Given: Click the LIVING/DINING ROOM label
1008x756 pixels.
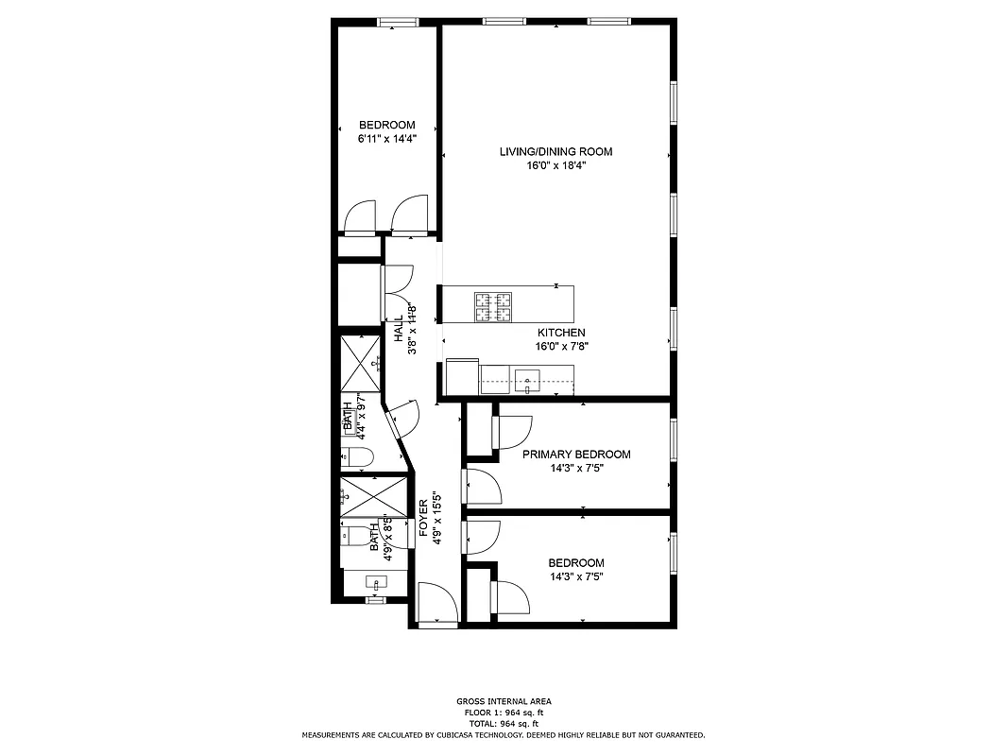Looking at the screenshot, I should [556, 151].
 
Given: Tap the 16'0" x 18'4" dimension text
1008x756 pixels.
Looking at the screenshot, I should [556, 164].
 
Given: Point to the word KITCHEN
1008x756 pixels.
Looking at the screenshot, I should [561, 333].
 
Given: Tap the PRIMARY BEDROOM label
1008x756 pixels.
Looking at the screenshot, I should [576, 455].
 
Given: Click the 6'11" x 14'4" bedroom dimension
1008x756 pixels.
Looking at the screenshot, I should [386, 138].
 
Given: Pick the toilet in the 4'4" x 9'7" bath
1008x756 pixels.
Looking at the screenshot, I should [357, 458].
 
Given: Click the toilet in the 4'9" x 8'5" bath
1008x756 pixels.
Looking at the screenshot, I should [357, 537].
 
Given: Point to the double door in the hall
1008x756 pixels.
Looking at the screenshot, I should [397, 293].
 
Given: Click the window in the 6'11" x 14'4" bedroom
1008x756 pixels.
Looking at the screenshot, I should [398, 21].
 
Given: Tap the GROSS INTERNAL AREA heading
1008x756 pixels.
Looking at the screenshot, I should [503, 701].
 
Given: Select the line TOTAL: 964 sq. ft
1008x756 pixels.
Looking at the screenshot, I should [503, 723].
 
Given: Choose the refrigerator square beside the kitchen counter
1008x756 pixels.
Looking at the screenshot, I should [463, 376].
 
